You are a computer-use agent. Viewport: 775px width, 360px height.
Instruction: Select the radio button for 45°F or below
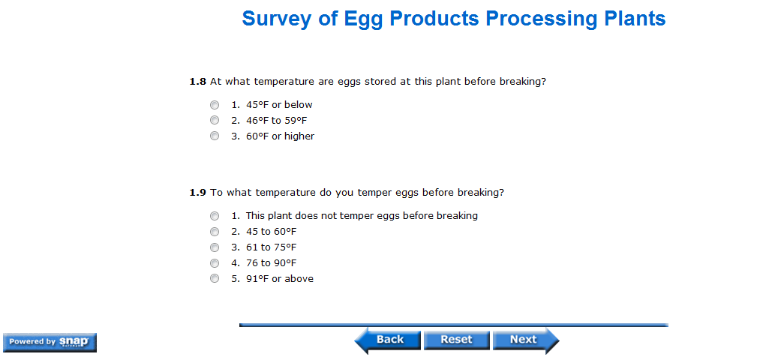click(x=215, y=105)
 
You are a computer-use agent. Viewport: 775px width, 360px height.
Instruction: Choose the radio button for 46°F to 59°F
click(x=215, y=120)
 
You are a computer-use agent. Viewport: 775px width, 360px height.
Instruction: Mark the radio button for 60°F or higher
click(x=215, y=136)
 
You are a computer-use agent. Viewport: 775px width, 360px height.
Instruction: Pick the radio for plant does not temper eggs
click(x=215, y=216)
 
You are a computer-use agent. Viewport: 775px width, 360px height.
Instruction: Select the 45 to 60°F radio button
click(x=215, y=232)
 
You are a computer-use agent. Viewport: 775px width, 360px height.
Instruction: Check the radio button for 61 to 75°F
click(x=215, y=247)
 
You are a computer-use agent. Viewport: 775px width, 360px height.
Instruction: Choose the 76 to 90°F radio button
click(x=215, y=262)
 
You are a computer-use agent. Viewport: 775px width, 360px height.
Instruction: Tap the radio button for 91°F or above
click(x=215, y=278)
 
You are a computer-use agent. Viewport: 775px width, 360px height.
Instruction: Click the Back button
click(x=387, y=340)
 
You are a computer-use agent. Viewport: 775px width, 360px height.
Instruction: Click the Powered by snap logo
click(x=50, y=342)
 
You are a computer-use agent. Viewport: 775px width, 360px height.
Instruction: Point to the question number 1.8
click(x=197, y=82)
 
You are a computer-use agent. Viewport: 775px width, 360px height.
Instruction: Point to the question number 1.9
click(x=197, y=193)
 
